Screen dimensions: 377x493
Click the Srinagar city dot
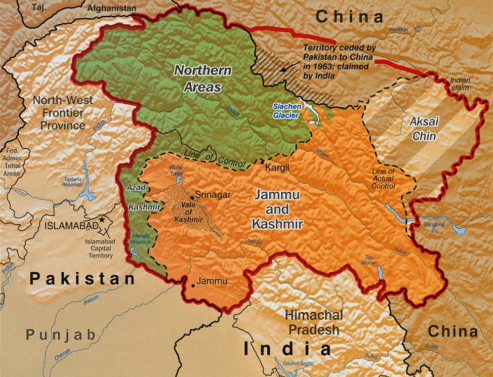coord(191,196)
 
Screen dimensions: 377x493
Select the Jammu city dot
coord(193,285)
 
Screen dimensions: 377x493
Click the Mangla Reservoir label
coord(141,239)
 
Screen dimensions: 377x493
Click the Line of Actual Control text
coord(383,179)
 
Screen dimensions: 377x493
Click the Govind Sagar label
coord(299,362)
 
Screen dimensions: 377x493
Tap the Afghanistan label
coord(112,8)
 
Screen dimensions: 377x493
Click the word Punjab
coord(61,335)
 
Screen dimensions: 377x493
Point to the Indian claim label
coord(460,84)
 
